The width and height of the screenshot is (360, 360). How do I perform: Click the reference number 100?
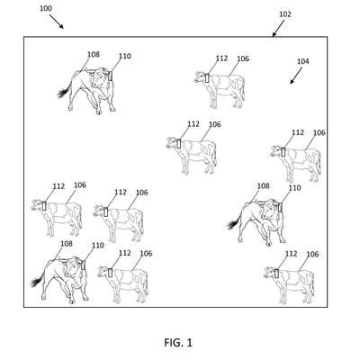click(x=46, y=8)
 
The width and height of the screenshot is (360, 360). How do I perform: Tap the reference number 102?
click(x=285, y=14)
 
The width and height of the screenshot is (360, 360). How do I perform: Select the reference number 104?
click(x=302, y=61)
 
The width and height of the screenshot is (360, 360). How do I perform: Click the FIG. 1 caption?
click(x=178, y=342)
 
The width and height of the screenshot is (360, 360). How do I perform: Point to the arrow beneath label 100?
click(x=57, y=22)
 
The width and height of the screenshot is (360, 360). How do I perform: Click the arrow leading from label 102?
click(x=278, y=29)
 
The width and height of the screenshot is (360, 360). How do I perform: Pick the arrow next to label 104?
click(x=296, y=76)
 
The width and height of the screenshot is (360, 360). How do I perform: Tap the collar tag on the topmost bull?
click(x=110, y=76)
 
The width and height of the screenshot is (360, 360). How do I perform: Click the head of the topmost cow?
click(x=200, y=76)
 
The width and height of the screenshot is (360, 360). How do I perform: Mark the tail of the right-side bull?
click(x=233, y=222)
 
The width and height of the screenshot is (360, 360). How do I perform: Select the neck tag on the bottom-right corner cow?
click(x=276, y=274)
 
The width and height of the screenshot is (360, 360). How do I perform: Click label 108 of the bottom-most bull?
click(x=67, y=244)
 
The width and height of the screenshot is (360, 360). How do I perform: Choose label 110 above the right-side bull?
click(x=294, y=188)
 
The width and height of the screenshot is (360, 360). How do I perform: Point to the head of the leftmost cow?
click(x=38, y=205)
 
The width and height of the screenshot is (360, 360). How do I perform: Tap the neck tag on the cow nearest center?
click(x=179, y=144)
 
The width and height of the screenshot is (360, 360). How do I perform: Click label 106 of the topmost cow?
click(x=243, y=58)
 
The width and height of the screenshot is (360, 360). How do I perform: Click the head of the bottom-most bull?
click(x=72, y=267)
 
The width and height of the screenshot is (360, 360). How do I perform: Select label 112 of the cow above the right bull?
click(x=298, y=132)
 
